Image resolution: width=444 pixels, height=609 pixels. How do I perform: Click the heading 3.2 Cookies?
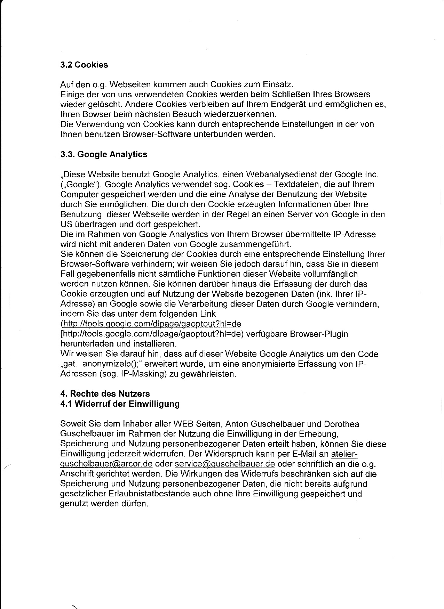click(x=84, y=65)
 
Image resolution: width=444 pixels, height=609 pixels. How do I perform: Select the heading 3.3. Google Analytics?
click(x=104, y=154)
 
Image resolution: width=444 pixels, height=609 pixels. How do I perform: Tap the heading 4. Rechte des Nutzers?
click(x=105, y=394)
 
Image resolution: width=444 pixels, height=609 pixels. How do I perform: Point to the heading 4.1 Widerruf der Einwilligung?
click(x=120, y=404)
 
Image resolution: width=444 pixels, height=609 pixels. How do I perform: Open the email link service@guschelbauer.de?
click(x=225, y=464)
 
